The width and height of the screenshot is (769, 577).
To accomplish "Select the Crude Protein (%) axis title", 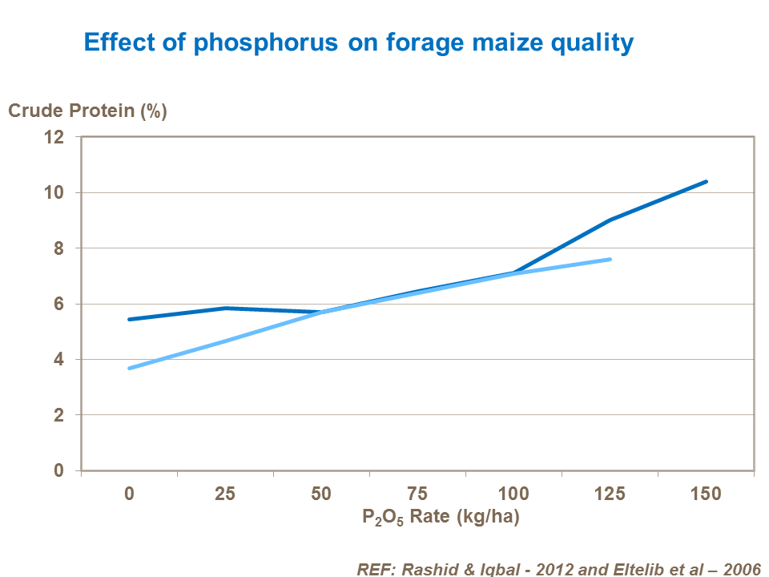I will (87, 111).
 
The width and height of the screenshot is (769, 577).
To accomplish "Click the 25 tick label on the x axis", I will (225, 494).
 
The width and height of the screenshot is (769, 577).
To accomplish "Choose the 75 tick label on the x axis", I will (417, 494).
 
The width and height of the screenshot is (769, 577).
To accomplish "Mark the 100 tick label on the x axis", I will (513, 494).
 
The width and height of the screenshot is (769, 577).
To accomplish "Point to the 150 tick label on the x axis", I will (706, 494).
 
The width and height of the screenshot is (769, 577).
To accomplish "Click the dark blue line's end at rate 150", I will (706, 182).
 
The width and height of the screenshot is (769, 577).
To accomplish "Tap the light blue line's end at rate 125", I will (610, 259).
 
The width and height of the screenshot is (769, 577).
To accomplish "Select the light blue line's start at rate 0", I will (130, 368).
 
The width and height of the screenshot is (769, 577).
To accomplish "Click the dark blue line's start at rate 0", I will (130, 319).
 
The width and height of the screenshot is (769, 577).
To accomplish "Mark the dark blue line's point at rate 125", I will (610, 220).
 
